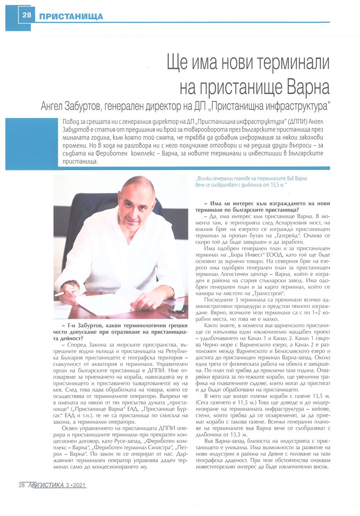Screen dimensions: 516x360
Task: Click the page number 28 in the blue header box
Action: (x=27, y=15)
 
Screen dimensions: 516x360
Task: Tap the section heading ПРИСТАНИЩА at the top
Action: (x=71, y=16)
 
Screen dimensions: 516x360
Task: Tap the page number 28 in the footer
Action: (x=21, y=485)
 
